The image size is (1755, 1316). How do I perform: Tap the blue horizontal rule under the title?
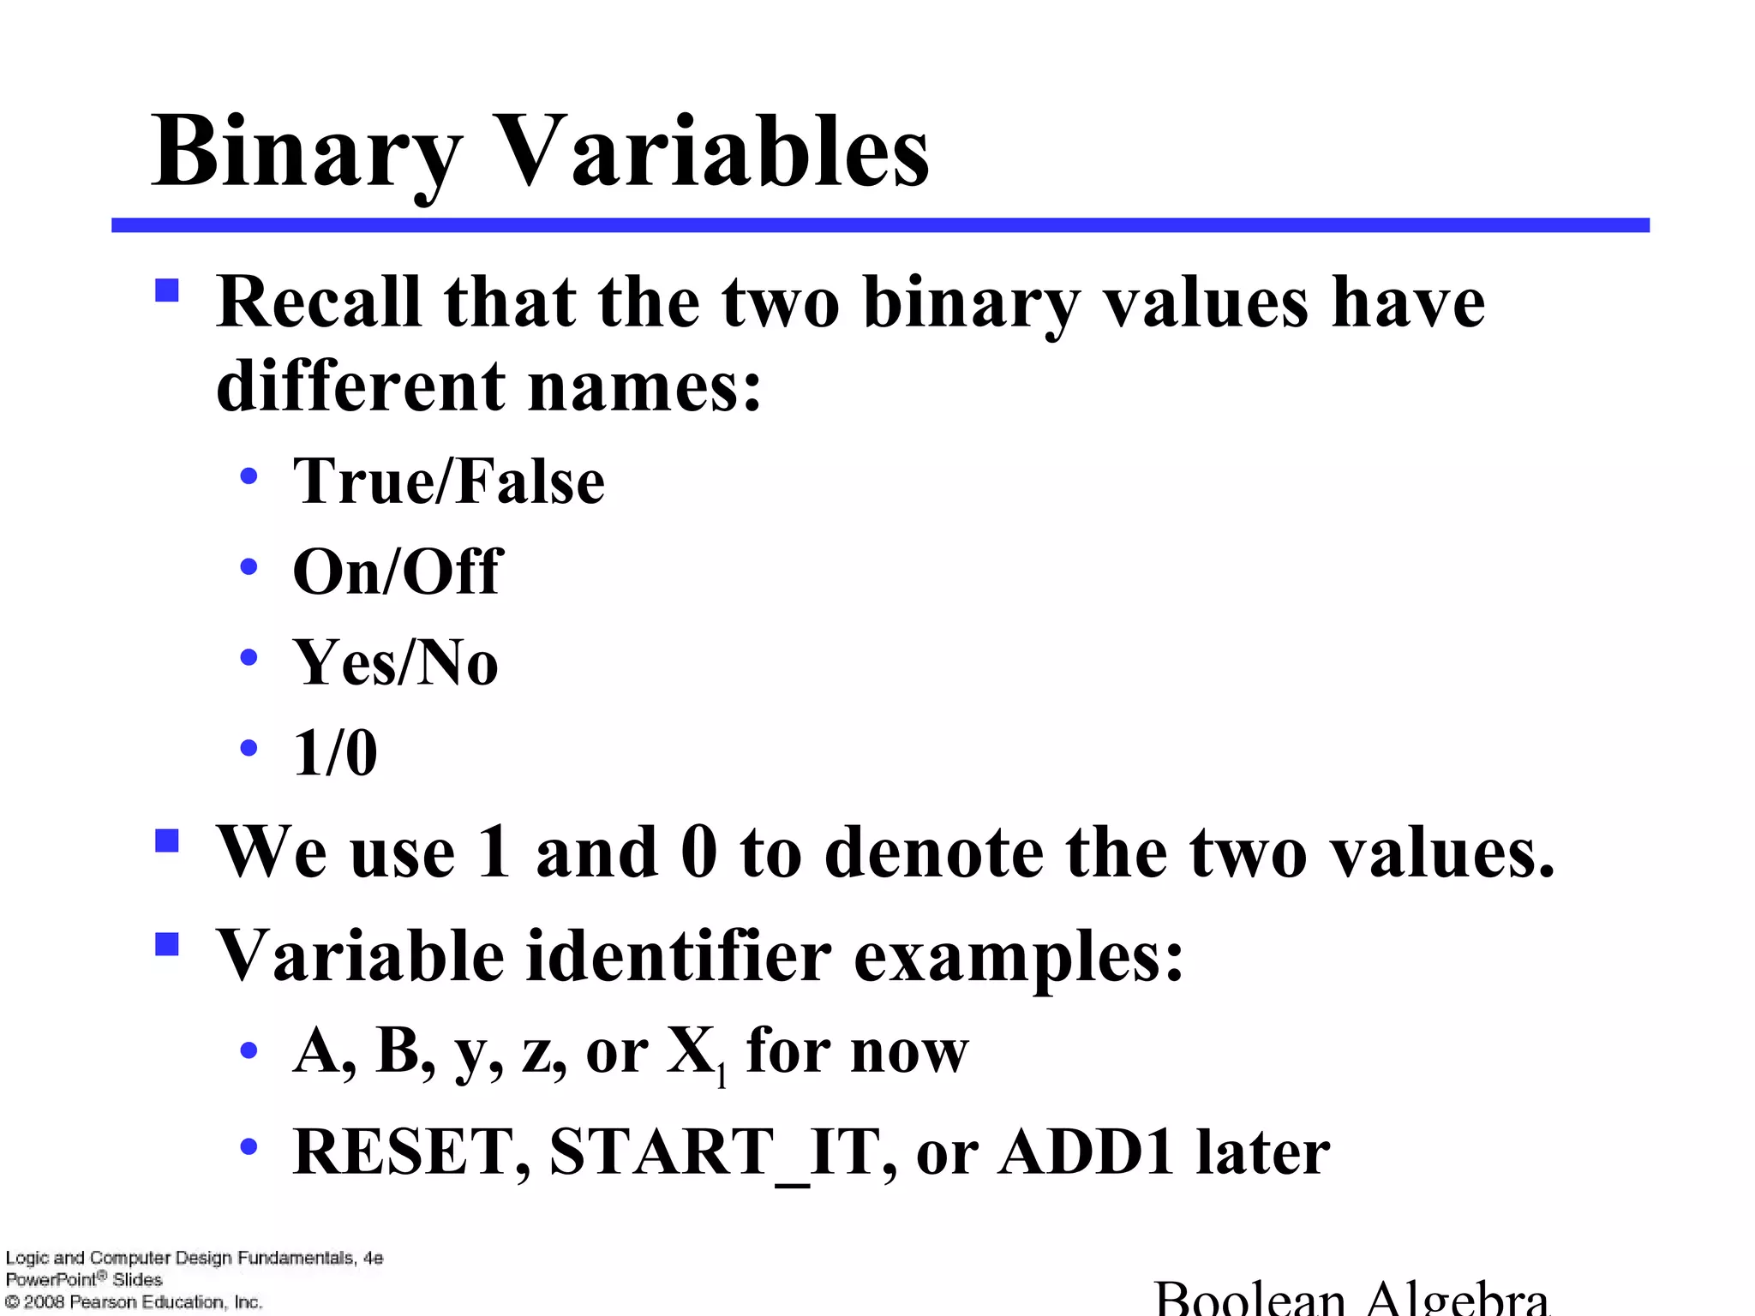point(880,225)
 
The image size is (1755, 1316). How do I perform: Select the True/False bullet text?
point(448,482)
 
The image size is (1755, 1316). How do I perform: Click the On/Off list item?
point(397,571)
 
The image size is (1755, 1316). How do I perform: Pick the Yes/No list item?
point(395,662)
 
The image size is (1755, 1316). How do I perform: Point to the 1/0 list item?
point(335,753)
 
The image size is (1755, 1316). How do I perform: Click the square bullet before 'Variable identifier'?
point(167,944)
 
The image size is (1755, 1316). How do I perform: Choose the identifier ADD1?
point(1085,1152)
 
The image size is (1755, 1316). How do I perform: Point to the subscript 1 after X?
point(722,1076)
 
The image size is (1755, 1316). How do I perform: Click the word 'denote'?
point(934,853)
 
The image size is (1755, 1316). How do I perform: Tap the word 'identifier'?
point(678,956)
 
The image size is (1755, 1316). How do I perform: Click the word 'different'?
point(361,386)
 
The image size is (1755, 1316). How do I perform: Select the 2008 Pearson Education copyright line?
point(134,1302)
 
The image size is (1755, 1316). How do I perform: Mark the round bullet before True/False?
point(249,476)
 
